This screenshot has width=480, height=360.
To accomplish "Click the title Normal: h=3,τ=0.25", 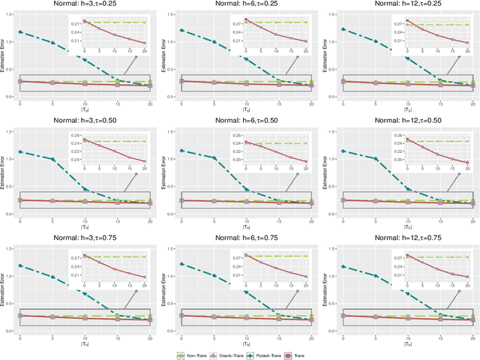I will pyautogui.click(x=84, y=5).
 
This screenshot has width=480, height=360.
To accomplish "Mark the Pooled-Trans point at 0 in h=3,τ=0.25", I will pyautogui.click(x=19, y=32).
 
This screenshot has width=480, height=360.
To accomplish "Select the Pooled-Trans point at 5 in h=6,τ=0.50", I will pyautogui.click(x=214, y=158).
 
